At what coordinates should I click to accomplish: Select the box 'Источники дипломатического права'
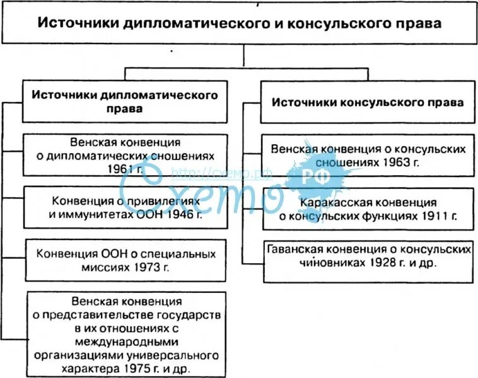(124, 101)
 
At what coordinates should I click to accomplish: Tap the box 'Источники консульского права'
(368, 101)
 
